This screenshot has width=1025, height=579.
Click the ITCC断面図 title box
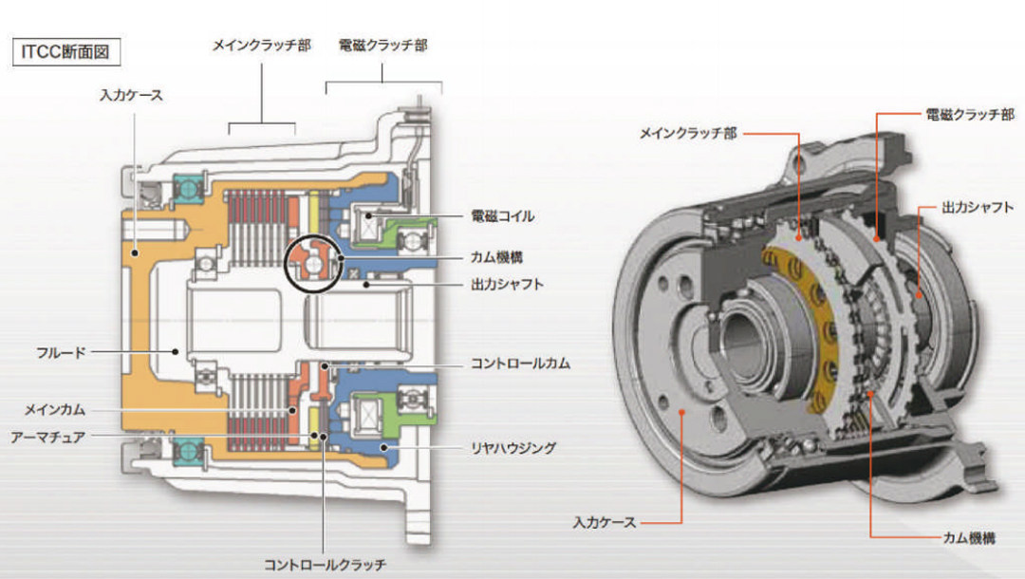(x=65, y=52)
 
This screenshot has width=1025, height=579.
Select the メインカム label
(x=55, y=410)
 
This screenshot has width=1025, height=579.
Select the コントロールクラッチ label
(x=325, y=565)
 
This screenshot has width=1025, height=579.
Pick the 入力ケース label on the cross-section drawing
(x=131, y=95)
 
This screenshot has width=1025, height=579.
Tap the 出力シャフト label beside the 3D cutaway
(x=978, y=206)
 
